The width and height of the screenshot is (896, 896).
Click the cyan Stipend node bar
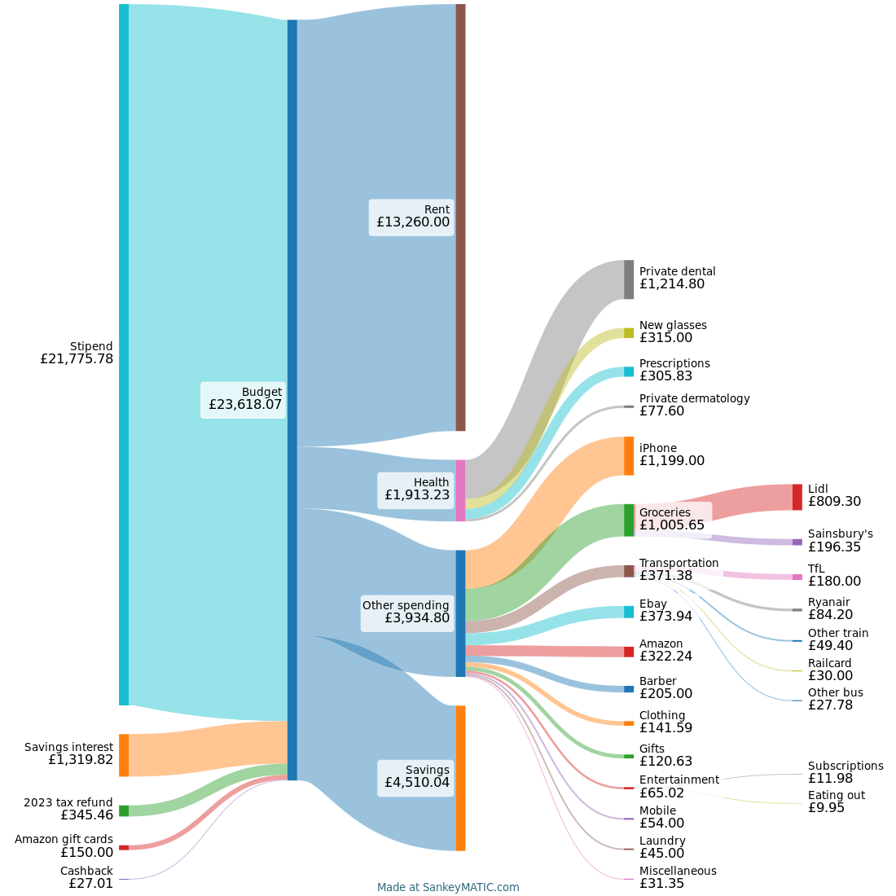124,354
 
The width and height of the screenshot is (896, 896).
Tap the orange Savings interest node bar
124,755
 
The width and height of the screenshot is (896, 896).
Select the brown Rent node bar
460,217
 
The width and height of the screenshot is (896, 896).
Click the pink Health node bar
460,490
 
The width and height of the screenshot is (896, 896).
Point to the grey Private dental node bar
629,279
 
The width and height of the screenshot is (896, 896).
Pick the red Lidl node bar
797,497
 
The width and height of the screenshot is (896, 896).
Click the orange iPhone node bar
629,456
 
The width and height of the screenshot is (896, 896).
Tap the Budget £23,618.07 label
244,399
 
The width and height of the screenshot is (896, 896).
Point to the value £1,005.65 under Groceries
672,525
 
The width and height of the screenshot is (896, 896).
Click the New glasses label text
673,325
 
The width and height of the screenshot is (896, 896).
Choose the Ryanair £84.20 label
830,609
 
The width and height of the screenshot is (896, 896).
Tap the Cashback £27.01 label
86,877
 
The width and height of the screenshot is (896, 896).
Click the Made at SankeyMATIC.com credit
448,887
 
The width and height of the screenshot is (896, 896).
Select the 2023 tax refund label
68,802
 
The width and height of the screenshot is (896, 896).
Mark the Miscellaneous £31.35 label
678,877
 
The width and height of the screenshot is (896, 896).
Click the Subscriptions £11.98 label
845,772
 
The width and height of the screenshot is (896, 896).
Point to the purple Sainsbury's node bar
797,542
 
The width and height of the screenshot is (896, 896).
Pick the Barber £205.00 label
665,687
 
